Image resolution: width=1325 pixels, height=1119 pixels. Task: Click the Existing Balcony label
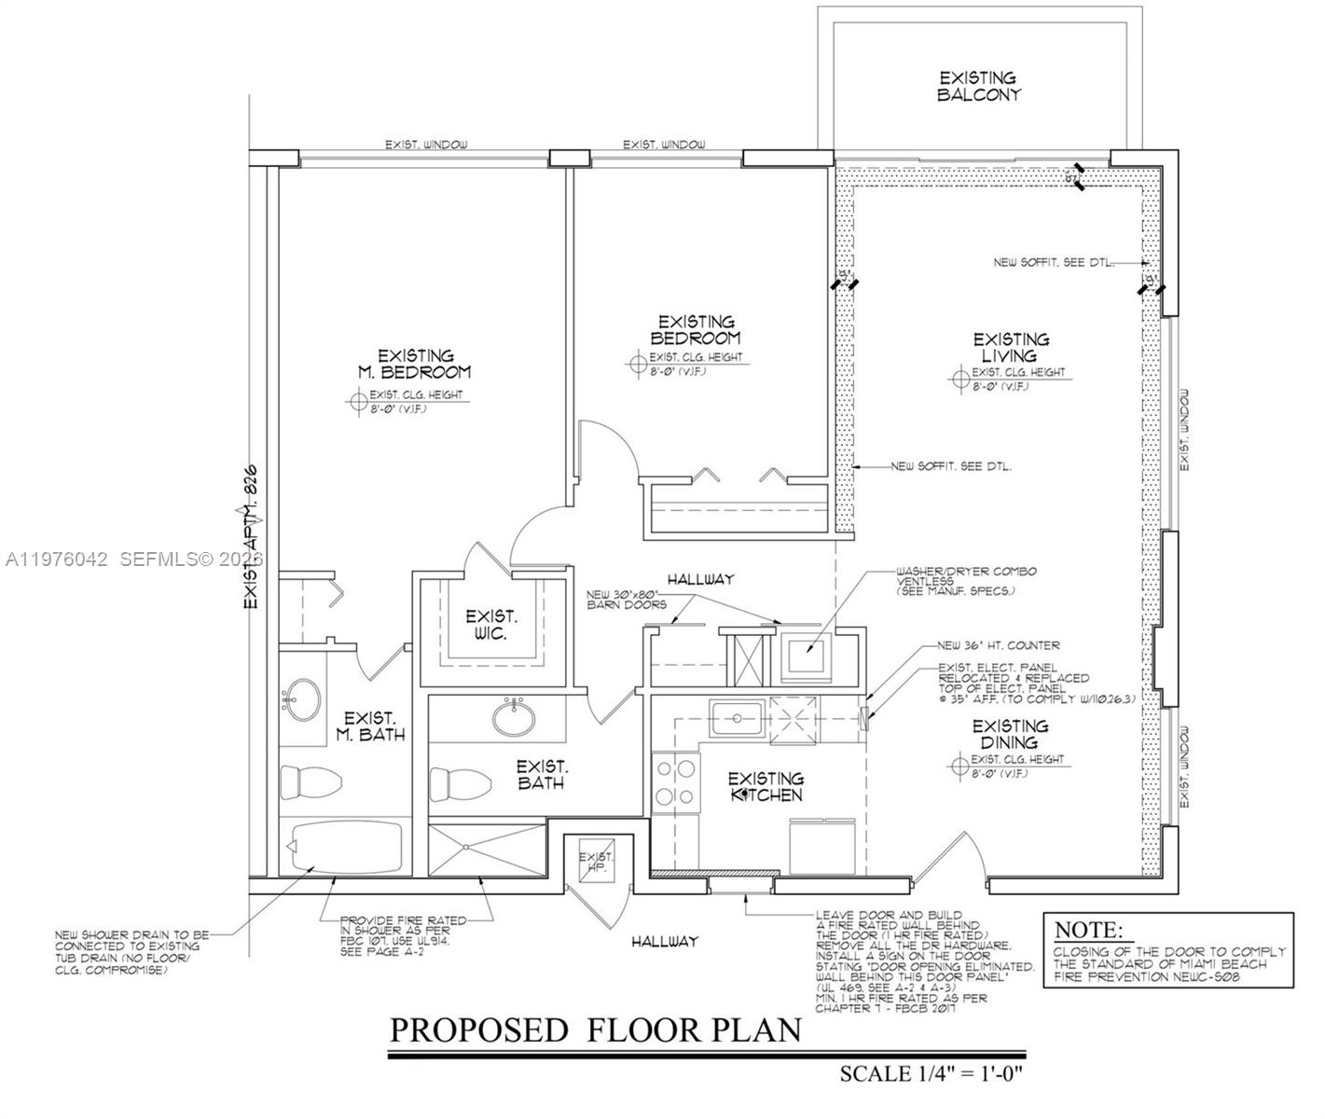tap(978, 86)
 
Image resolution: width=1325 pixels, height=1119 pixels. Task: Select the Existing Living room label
tap(1011, 347)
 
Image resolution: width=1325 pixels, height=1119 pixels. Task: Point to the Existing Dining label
tap(1010, 733)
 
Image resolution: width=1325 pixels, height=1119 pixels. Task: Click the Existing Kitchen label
tap(765, 786)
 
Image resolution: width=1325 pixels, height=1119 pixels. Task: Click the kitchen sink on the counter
tap(736, 719)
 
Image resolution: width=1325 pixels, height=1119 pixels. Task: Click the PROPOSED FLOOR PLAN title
tap(595, 1030)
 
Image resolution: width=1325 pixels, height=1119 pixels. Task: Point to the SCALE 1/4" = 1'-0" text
tap(931, 1072)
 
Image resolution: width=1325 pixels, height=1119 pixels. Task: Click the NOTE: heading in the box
tap(1088, 930)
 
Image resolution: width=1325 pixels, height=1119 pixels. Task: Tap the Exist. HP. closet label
tap(597, 863)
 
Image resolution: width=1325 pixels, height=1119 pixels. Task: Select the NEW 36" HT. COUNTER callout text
tap(998, 645)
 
